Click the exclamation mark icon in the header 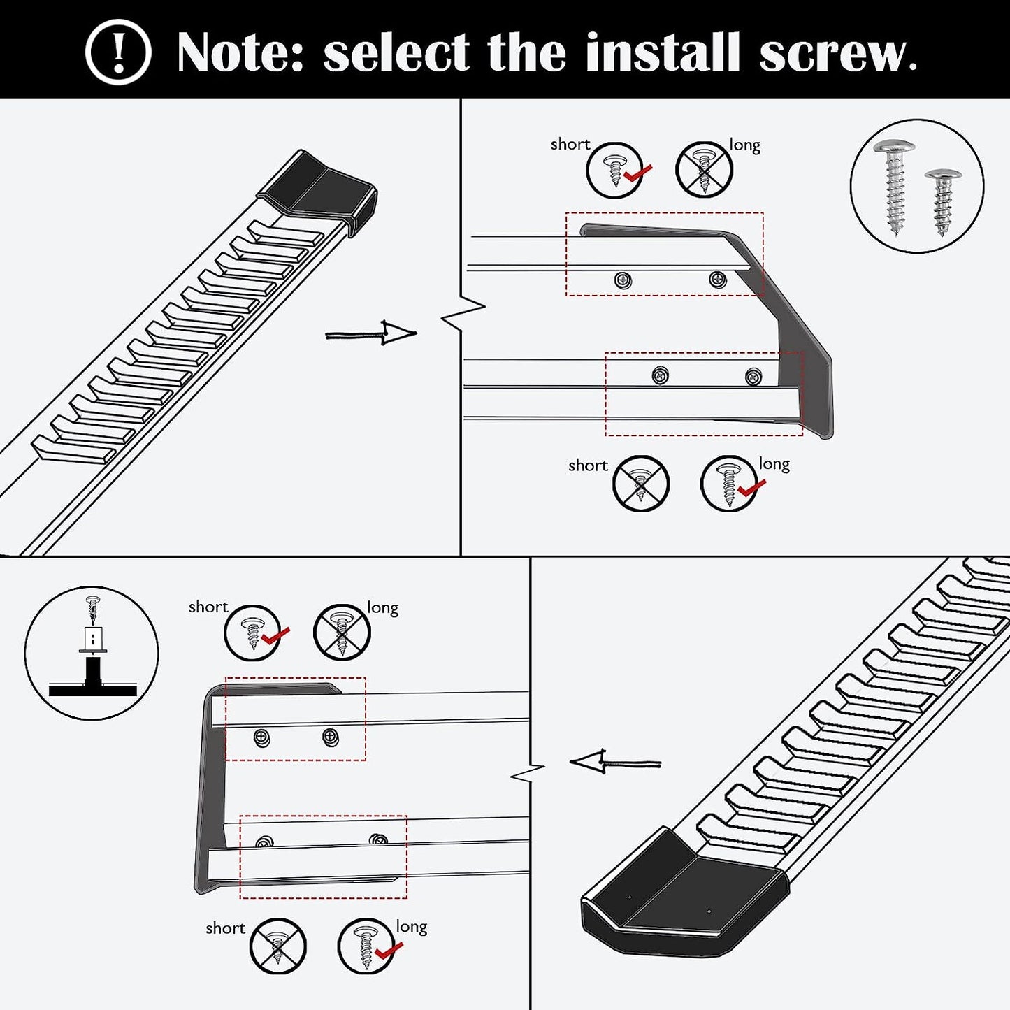coord(118,52)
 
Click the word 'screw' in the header coord(836,53)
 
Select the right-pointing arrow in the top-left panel coord(371,333)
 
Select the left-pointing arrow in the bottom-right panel coord(615,762)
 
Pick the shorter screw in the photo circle coord(943,200)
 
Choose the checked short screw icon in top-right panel coord(615,170)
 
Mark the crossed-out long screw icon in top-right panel coord(704,170)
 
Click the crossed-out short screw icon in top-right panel coord(640,483)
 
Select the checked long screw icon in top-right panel coord(729,483)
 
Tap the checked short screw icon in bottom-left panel coord(253,633)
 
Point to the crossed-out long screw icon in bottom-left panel coord(342,633)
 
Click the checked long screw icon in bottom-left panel coord(366,946)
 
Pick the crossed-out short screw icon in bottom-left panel coord(277,946)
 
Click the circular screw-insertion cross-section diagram coord(92,653)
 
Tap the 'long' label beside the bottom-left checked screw coord(411,926)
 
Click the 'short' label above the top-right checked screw coord(570,144)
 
